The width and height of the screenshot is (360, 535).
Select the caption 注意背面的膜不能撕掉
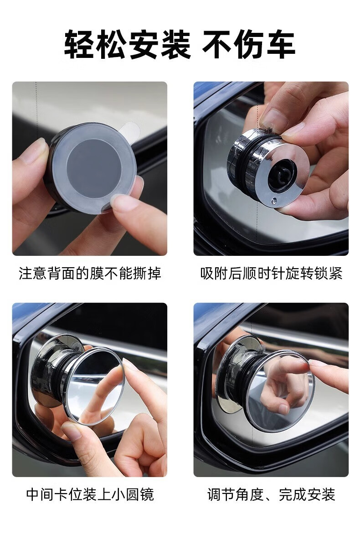(90, 273)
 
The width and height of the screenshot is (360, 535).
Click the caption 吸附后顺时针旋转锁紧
(271, 273)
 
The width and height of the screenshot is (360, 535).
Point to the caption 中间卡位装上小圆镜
(90, 494)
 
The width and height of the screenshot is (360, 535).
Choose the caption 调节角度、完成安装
(271, 494)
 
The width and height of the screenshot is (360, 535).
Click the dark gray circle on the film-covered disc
(94, 168)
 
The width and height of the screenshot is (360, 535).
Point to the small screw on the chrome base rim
(274, 202)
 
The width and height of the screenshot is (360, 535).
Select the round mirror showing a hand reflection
(281, 391)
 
